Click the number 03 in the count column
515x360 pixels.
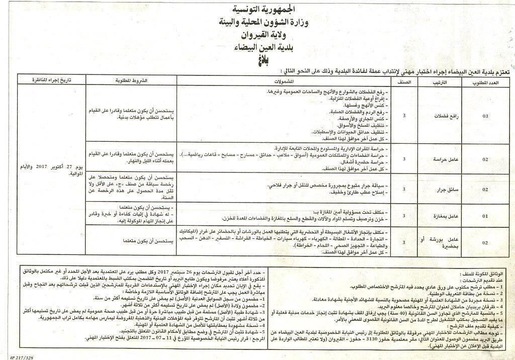pyautogui.click(x=485, y=116)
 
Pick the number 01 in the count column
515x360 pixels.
pyautogui.click(x=485, y=215)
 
